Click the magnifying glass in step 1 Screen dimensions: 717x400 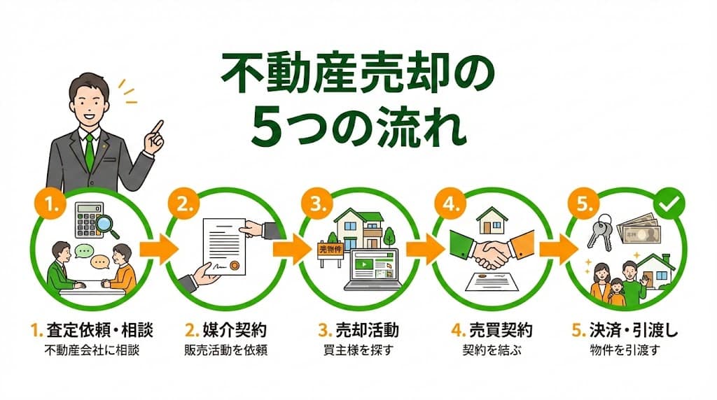[107, 226]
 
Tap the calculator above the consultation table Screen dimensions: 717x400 [89, 220]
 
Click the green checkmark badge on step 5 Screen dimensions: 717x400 [669, 203]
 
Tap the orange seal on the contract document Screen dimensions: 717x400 [235, 265]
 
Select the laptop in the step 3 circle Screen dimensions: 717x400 [373, 270]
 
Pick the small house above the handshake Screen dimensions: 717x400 [492, 220]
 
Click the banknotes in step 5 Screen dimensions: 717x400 [639, 231]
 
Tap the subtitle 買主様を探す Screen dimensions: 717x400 [358, 350]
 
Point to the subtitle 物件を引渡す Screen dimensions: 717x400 [625, 350]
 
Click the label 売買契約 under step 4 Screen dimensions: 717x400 [501, 330]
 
